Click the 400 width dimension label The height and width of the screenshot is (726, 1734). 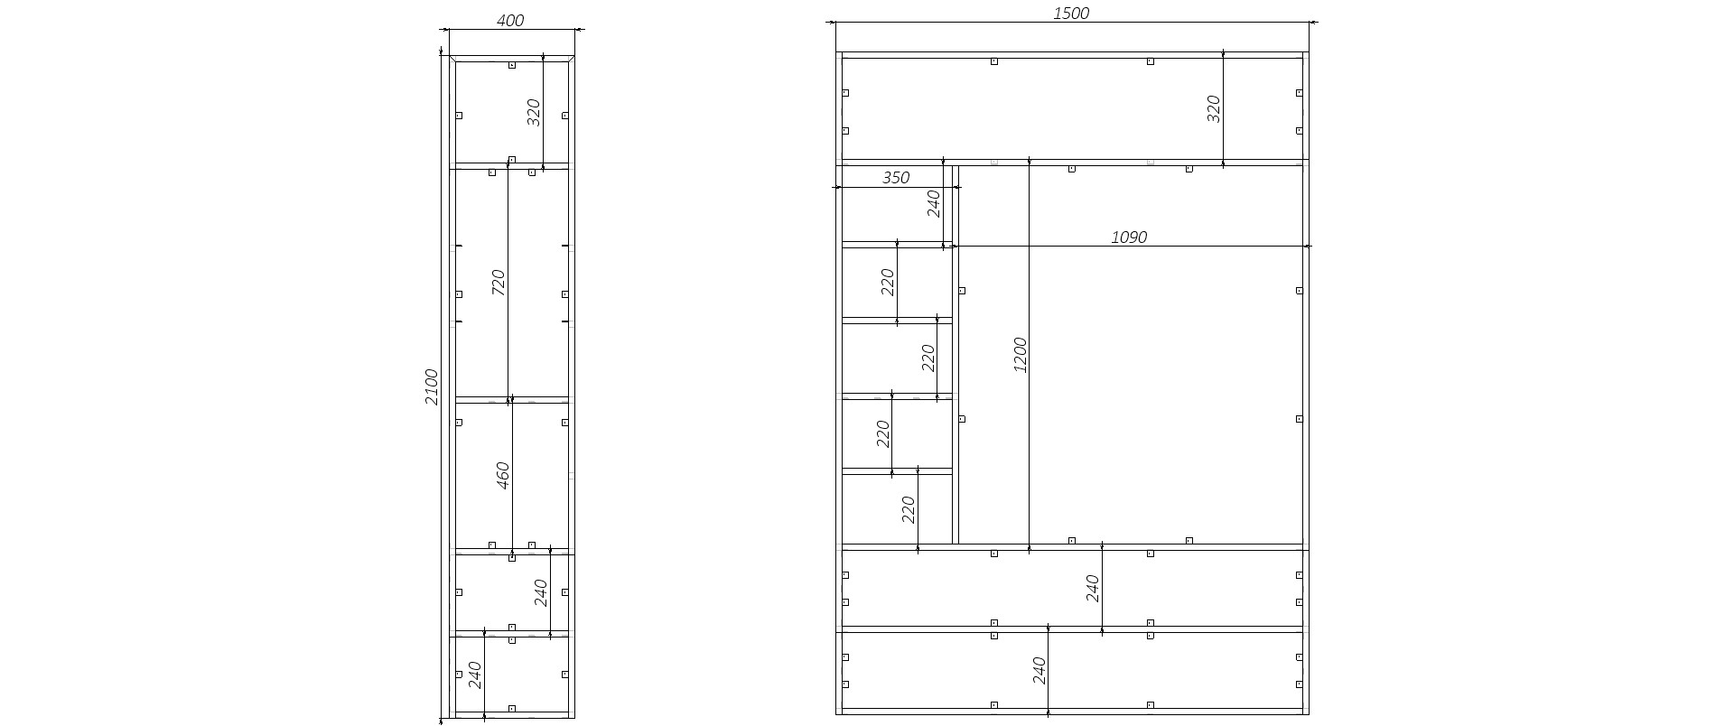tap(510, 20)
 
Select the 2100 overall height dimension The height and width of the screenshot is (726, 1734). tap(432, 386)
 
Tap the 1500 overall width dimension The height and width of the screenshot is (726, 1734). tap(1071, 13)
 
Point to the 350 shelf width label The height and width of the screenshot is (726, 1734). tap(895, 178)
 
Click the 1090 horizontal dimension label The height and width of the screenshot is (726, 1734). tap(1129, 237)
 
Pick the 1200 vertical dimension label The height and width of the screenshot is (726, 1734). tap(1020, 355)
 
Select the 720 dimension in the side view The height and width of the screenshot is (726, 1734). tap(498, 283)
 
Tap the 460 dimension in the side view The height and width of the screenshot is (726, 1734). tap(503, 475)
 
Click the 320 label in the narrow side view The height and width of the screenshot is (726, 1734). tap(533, 112)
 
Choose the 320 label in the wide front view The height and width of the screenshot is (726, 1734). tap(1213, 108)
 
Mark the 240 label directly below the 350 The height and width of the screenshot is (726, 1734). tap(934, 203)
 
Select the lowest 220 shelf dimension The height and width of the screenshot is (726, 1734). tap(908, 509)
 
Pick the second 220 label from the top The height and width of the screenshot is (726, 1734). tap(928, 358)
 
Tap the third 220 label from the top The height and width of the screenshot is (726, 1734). tap(882, 433)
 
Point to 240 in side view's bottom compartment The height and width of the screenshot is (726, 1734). tap(475, 675)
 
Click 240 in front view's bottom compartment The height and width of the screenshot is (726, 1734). tap(1039, 670)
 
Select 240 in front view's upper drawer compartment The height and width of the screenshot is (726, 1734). tap(1092, 588)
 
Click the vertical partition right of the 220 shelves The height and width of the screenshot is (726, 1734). tap(956, 355)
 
